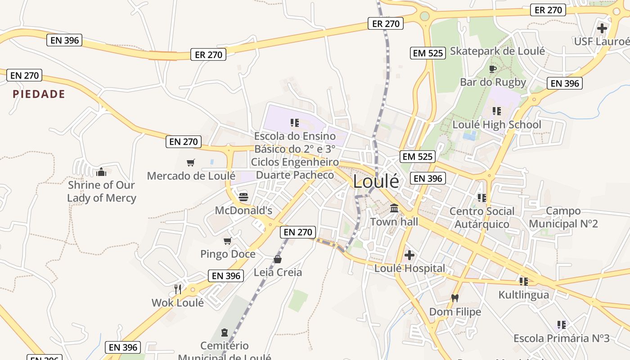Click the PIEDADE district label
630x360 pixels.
point(39,94)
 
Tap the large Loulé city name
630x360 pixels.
point(376,181)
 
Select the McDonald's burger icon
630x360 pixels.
point(243,197)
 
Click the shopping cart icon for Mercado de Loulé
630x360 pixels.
point(191,162)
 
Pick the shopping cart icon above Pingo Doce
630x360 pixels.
point(228,241)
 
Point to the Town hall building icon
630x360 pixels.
point(394,208)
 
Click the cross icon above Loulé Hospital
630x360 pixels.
point(409,255)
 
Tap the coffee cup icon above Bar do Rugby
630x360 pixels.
point(493,69)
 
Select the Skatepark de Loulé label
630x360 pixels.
point(497,51)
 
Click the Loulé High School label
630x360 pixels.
point(497,125)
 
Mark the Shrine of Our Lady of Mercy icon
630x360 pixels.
point(101,171)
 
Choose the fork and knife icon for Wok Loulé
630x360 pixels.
point(178,289)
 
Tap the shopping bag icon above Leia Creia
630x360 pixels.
point(278,259)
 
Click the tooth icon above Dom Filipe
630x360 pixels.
point(455,298)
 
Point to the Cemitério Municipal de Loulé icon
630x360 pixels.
point(224,333)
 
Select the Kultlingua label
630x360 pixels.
point(523,295)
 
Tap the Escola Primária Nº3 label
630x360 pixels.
point(561,338)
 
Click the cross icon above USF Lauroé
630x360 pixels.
point(602,28)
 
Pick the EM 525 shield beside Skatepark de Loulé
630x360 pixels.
point(428,53)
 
